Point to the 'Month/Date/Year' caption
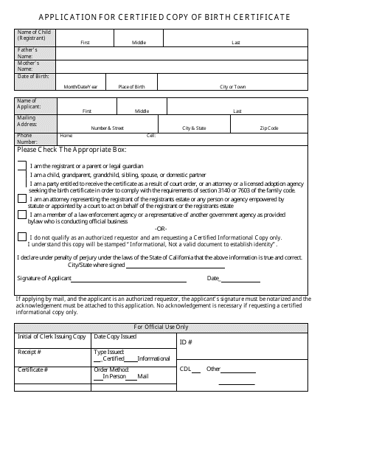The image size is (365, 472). click(x=80, y=86)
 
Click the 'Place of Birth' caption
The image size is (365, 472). click(x=132, y=86)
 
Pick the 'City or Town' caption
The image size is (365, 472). click(x=233, y=86)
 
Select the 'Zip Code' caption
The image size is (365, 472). click(x=268, y=128)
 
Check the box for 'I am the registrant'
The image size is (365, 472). click(x=22, y=167)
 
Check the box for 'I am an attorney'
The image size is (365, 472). click(x=22, y=199)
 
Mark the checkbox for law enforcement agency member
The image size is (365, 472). click(x=22, y=215)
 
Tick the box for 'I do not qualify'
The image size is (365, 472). click(x=22, y=237)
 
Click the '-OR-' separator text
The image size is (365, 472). click(x=160, y=228)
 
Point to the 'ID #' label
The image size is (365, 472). click(x=187, y=342)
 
